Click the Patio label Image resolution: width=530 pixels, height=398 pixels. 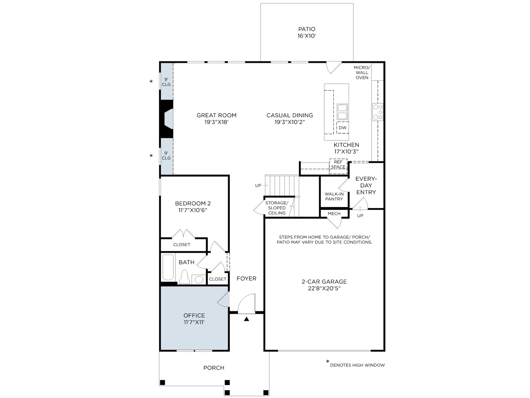click(x=307, y=29)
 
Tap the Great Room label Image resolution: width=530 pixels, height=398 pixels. click(x=216, y=115)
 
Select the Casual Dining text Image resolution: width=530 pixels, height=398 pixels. click(x=290, y=115)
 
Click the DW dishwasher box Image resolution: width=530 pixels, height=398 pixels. click(x=343, y=128)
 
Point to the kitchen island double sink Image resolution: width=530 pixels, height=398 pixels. click(x=342, y=112)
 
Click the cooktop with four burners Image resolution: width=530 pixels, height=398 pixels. click(x=378, y=112)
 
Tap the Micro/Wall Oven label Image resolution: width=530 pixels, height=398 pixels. click(x=362, y=73)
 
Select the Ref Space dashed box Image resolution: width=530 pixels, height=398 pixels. click(x=338, y=166)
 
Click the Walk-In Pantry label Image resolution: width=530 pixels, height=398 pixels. click(x=334, y=196)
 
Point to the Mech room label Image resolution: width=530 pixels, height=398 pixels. click(x=334, y=214)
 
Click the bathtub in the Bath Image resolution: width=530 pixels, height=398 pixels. click(x=168, y=267)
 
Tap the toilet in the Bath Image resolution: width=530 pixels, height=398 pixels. click(x=184, y=277)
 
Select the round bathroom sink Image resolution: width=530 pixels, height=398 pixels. click(x=199, y=280)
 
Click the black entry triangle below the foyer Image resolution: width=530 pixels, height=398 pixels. click(x=246, y=319)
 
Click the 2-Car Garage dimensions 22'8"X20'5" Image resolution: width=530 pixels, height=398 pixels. click(x=324, y=288)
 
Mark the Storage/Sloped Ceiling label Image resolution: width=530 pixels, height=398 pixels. click(x=277, y=208)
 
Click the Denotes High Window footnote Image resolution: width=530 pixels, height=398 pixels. click(x=357, y=365)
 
